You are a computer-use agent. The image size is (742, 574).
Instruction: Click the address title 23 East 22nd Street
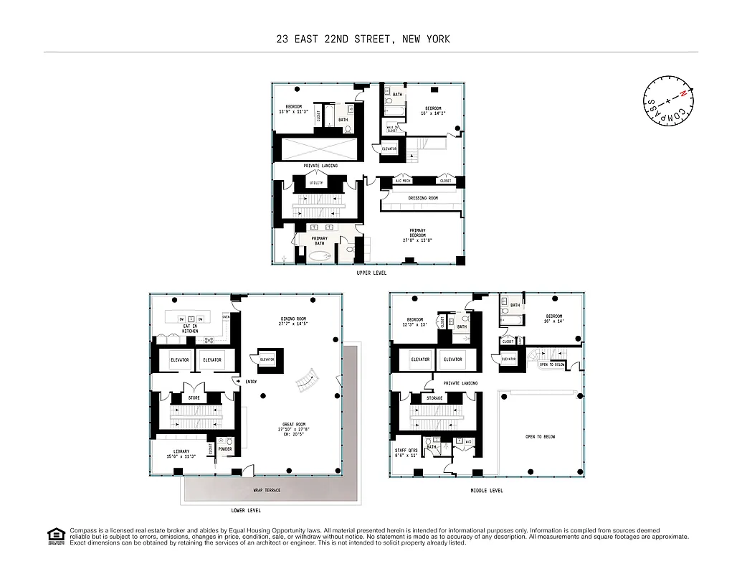363,39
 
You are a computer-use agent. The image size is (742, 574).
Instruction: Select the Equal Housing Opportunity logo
54,536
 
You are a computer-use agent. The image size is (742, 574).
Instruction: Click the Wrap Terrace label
267,490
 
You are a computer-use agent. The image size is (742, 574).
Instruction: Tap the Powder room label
224,450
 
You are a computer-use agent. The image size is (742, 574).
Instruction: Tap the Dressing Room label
422,198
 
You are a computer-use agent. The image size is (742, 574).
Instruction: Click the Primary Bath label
319,240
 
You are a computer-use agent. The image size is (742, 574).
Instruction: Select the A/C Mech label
402,181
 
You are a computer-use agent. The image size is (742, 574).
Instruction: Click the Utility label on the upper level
316,183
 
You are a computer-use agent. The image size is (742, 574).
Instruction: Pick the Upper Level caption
371,273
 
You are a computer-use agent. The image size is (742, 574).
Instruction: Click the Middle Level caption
486,491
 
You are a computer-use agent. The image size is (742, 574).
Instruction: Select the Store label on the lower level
194,397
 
